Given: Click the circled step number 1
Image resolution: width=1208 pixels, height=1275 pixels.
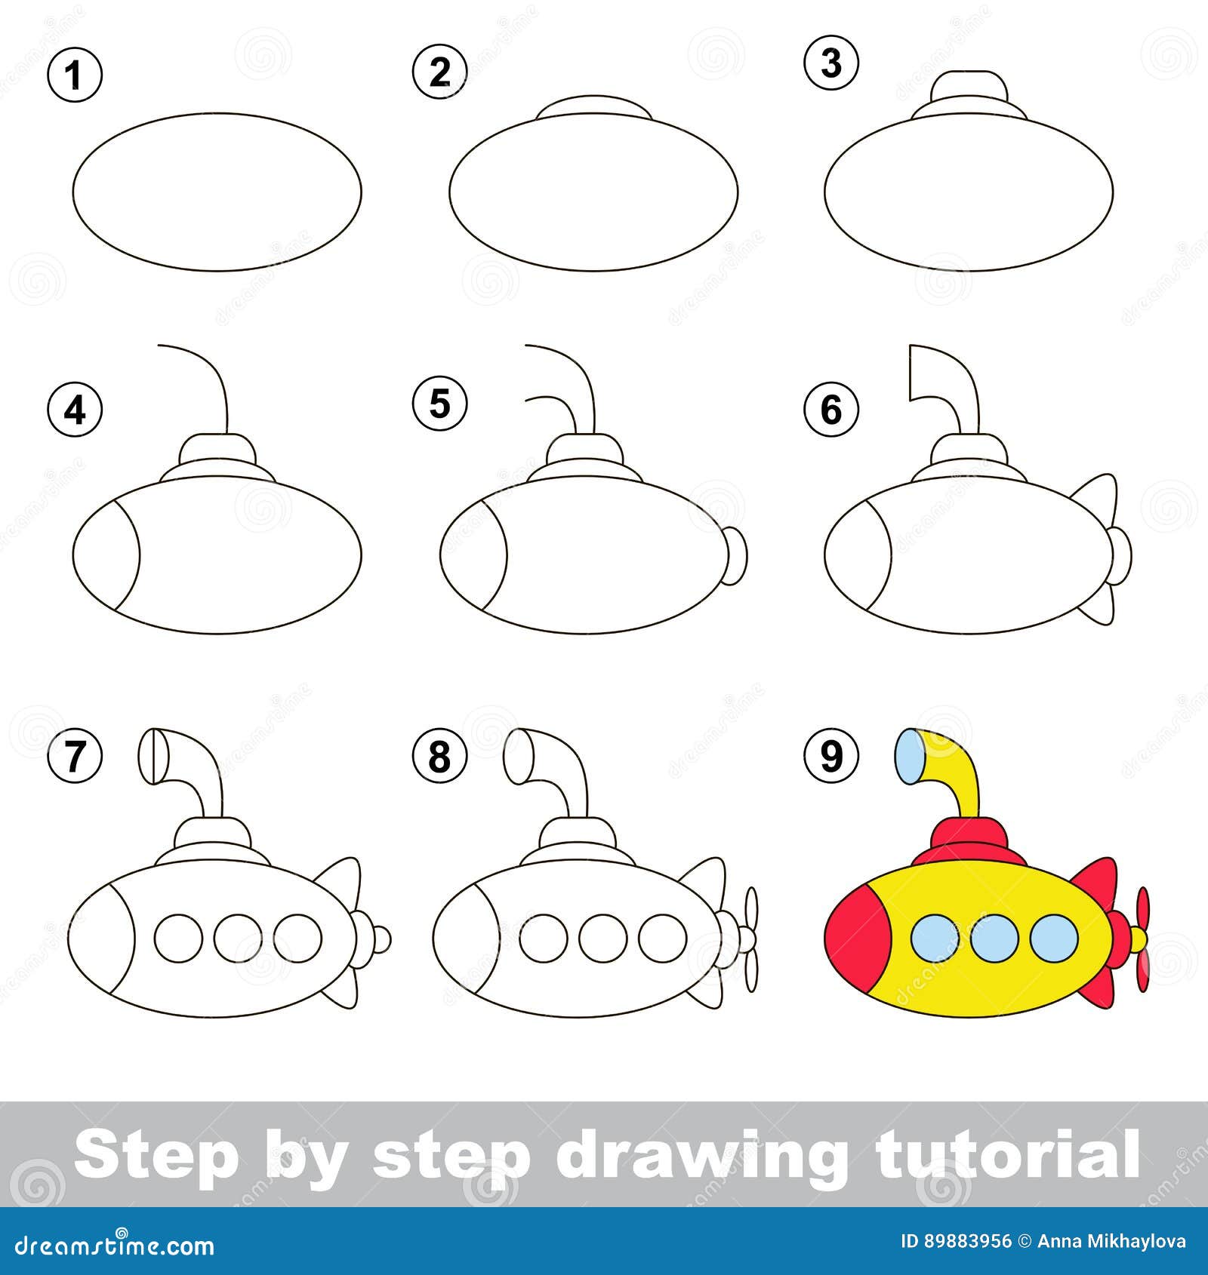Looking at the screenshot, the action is tap(74, 76).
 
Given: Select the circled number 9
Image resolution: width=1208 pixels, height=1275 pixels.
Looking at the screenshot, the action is tap(830, 755).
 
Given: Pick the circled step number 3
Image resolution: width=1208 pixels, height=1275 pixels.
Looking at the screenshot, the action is tap(830, 63).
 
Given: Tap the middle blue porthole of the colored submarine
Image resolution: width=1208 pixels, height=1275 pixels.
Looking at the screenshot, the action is tap(994, 938).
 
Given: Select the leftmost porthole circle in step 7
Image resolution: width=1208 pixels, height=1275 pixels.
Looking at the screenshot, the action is tap(179, 938).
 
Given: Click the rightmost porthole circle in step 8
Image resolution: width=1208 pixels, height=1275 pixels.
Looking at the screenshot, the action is tap(662, 938).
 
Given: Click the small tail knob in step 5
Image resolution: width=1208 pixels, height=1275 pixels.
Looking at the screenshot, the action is tap(735, 555).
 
